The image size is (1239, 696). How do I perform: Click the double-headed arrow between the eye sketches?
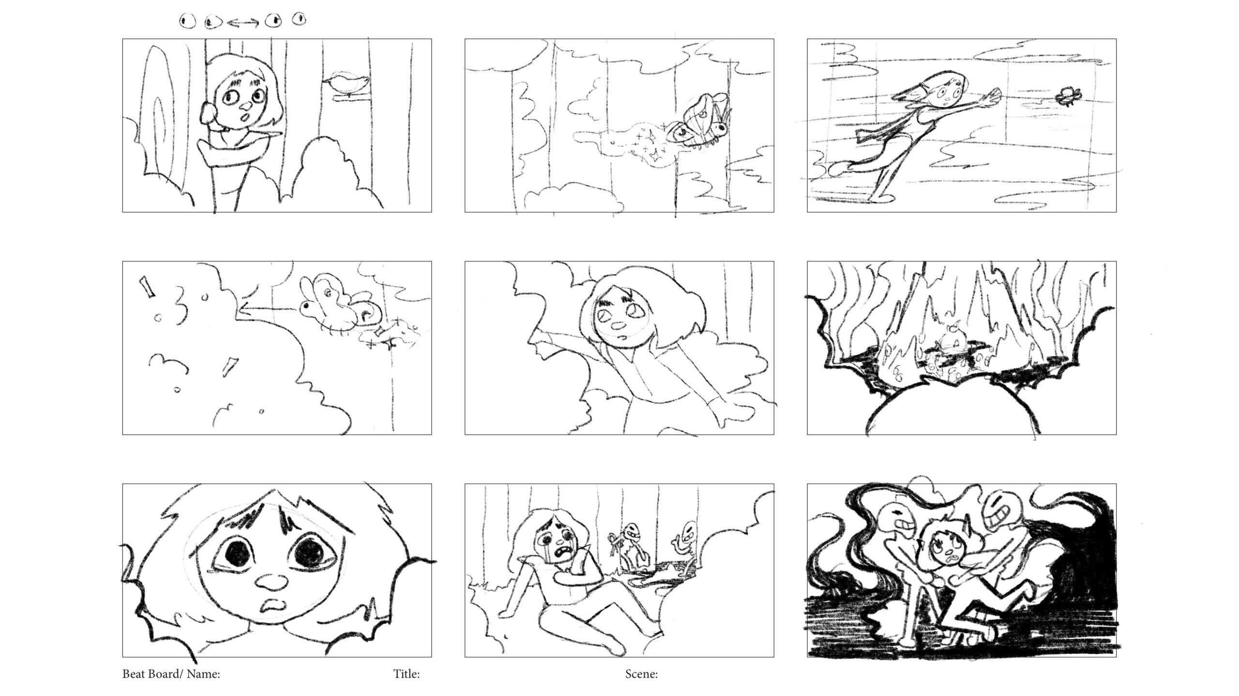tap(243, 22)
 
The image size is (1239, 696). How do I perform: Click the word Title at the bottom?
tap(406, 674)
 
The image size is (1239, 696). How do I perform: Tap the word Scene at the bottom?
tap(641, 674)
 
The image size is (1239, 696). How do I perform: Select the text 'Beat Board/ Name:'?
tap(171, 674)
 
